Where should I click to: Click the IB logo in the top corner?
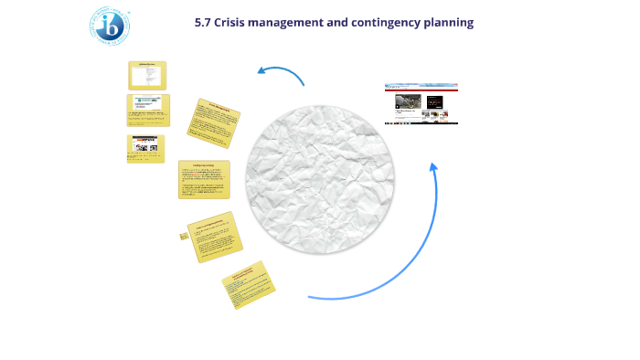pos(109,26)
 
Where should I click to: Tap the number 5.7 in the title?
pos(205,22)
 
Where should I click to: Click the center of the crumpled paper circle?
pos(320,179)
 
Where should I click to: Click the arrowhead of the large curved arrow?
pos(433,166)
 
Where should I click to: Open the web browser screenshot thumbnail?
pos(421,104)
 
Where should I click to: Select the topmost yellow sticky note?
pos(147,75)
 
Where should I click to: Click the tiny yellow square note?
pos(184,236)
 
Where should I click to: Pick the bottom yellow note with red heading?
pos(249,284)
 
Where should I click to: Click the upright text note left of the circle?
pos(204,179)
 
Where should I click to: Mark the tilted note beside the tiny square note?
pos(215,237)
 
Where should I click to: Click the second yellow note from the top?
pos(147,110)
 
